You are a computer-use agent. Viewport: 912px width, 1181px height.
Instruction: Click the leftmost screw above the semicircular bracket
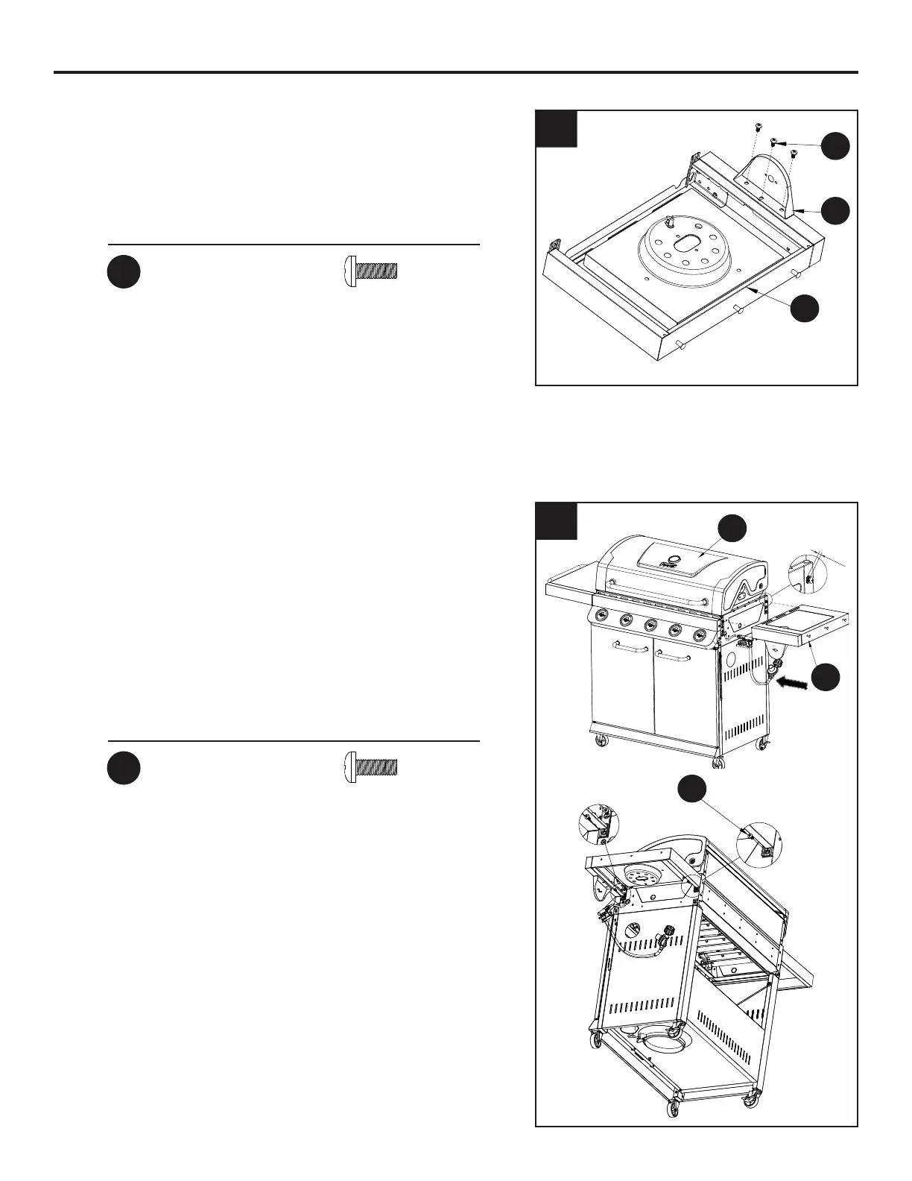tap(758, 125)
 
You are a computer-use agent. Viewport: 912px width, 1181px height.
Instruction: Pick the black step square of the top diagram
tap(557, 128)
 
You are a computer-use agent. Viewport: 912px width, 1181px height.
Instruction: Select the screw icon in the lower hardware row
tap(372, 766)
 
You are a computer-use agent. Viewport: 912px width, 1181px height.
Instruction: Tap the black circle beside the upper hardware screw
tap(124, 272)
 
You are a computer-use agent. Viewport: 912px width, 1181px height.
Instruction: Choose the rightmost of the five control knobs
tap(699, 635)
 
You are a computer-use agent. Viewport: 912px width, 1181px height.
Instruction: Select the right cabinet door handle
tap(674, 656)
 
